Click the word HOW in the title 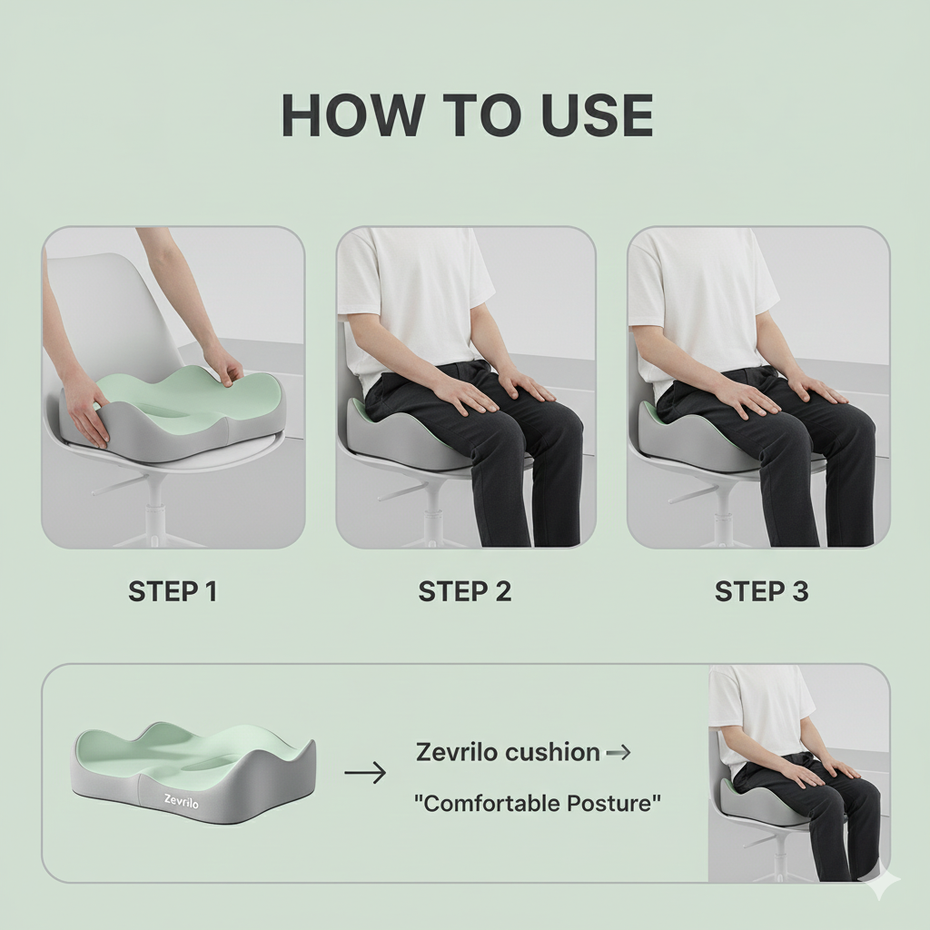(x=351, y=115)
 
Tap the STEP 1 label (x=173, y=592)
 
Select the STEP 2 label (x=465, y=592)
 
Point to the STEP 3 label (x=761, y=592)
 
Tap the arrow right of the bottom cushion (x=365, y=773)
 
